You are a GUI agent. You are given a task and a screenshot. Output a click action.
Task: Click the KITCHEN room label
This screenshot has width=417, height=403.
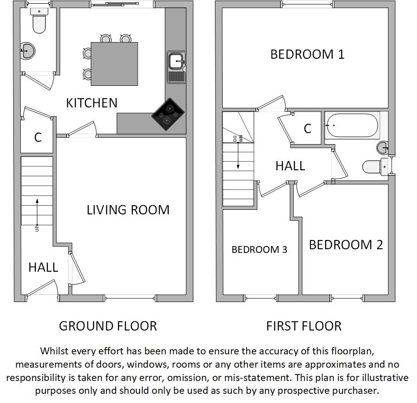click(x=92, y=103)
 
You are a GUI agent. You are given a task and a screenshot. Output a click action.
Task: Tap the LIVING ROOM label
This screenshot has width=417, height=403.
click(x=128, y=210)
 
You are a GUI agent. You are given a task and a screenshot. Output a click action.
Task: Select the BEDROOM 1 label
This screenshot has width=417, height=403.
click(x=307, y=54)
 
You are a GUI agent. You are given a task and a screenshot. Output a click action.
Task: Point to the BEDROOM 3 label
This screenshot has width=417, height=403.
click(x=259, y=249)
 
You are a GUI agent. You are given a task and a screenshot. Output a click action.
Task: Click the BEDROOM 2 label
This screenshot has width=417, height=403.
click(x=346, y=245)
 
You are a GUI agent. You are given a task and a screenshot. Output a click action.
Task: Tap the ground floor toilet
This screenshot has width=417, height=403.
click(x=39, y=20)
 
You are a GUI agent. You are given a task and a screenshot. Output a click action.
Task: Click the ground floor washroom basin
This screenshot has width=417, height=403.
click(x=27, y=50)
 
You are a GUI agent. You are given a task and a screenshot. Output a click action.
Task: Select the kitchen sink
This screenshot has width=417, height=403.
click(x=176, y=67)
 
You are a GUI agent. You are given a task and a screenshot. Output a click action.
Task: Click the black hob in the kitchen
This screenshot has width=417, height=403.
click(x=168, y=114)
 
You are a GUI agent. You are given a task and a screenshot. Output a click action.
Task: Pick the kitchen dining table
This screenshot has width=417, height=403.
click(x=114, y=64)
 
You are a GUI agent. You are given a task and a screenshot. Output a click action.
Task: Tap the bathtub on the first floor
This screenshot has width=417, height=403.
click(x=352, y=125)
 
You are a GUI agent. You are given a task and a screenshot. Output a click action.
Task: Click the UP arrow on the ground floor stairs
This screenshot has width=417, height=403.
click(x=37, y=212)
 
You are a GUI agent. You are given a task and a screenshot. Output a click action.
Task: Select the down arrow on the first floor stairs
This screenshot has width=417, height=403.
click(x=238, y=156)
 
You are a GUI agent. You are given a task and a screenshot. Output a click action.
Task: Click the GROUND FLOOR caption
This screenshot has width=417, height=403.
click(x=108, y=326)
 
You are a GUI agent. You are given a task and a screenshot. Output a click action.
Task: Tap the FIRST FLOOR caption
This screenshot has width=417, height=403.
click(x=304, y=326)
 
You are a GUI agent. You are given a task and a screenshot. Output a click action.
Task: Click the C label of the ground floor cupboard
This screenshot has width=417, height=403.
click(x=38, y=137)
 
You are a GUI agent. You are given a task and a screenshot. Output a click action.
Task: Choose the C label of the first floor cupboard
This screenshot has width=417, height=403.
click(x=308, y=129)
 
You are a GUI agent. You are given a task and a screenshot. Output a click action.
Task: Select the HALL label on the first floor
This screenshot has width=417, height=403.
click(x=290, y=166)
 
